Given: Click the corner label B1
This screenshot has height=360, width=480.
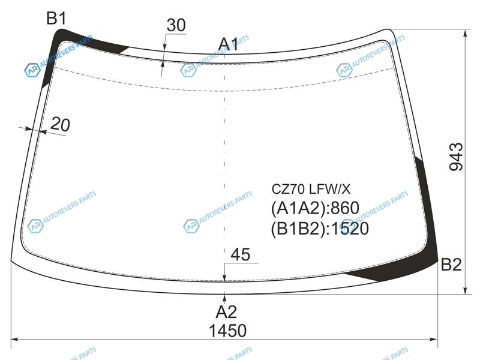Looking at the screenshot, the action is click(56, 18).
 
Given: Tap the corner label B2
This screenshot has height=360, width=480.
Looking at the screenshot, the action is click(451, 265).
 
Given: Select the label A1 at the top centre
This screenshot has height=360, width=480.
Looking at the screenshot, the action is click(228, 44).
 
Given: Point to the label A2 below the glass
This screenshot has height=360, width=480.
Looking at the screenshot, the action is click(226, 312).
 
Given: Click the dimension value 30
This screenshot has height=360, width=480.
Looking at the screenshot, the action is click(176, 25).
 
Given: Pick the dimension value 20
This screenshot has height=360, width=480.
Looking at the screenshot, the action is click(60, 125).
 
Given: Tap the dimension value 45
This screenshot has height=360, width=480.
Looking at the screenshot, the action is click(241, 254).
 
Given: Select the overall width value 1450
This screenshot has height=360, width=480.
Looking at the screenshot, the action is click(227, 331).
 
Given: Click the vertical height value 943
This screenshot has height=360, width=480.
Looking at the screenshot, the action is click(456, 157).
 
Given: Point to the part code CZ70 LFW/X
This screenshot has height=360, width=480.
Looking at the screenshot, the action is click(311, 189).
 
